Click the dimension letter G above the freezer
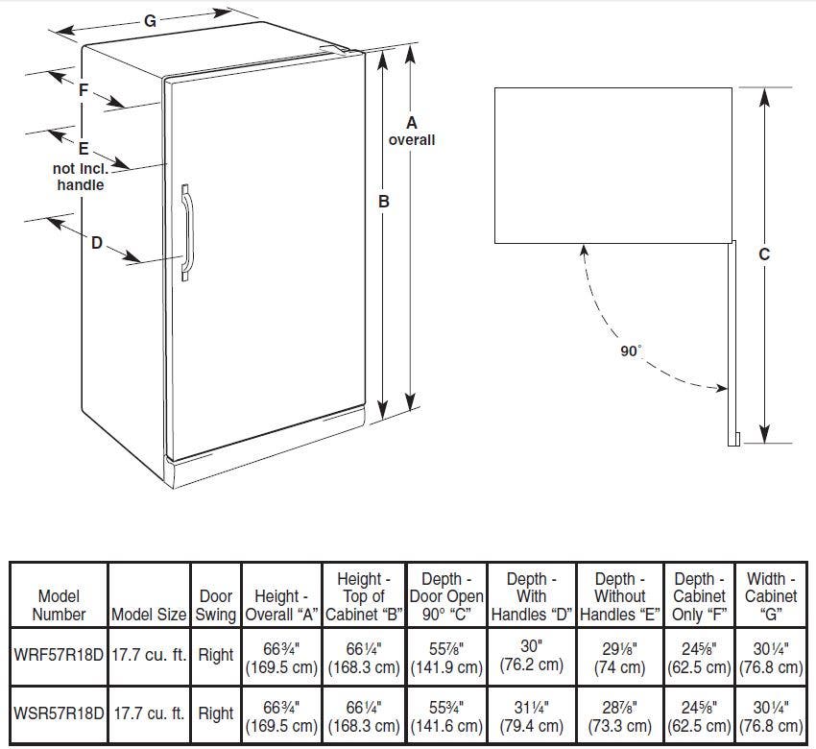[x=150, y=21]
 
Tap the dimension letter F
[x=84, y=90]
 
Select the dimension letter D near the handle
[x=97, y=243]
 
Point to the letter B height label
[x=384, y=202]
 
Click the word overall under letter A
[x=412, y=140]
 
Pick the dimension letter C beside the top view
[x=764, y=254]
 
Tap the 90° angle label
[x=630, y=350]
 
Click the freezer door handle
[x=187, y=232]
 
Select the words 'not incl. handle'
[x=81, y=177]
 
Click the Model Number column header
[x=59, y=605]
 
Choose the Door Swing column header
[x=216, y=605]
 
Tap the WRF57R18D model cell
[x=59, y=655]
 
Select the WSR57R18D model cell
[x=59, y=713]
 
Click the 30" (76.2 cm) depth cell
[x=531, y=655]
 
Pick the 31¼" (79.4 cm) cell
[x=531, y=716]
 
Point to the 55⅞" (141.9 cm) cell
[x=446, y=658]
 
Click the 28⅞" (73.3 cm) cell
[x=620, y=716]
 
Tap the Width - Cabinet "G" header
[x=771, y=596]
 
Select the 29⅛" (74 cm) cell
[x=620, y=658]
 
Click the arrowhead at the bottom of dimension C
[x=764, y=434]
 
